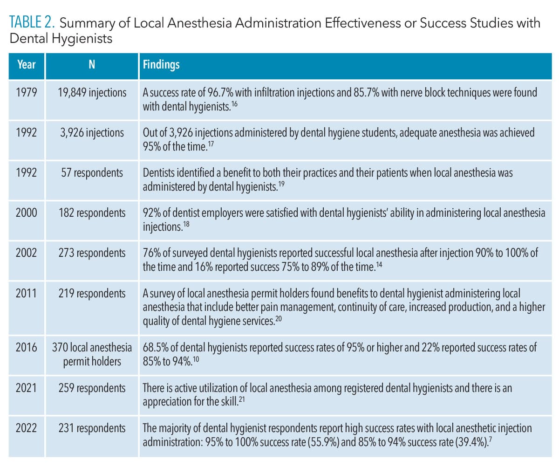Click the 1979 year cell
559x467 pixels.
26,93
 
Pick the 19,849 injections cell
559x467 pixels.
92,93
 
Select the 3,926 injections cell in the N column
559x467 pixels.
92,133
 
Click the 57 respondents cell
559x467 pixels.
92,173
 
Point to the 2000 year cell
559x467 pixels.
26,213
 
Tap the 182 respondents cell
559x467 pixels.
92,213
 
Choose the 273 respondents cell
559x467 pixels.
92,253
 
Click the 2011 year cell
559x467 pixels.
26,294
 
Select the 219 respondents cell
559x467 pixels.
92,294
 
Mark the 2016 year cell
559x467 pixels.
26,347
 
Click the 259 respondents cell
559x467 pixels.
92,388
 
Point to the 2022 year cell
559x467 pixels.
26,428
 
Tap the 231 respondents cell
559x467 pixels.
92,428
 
